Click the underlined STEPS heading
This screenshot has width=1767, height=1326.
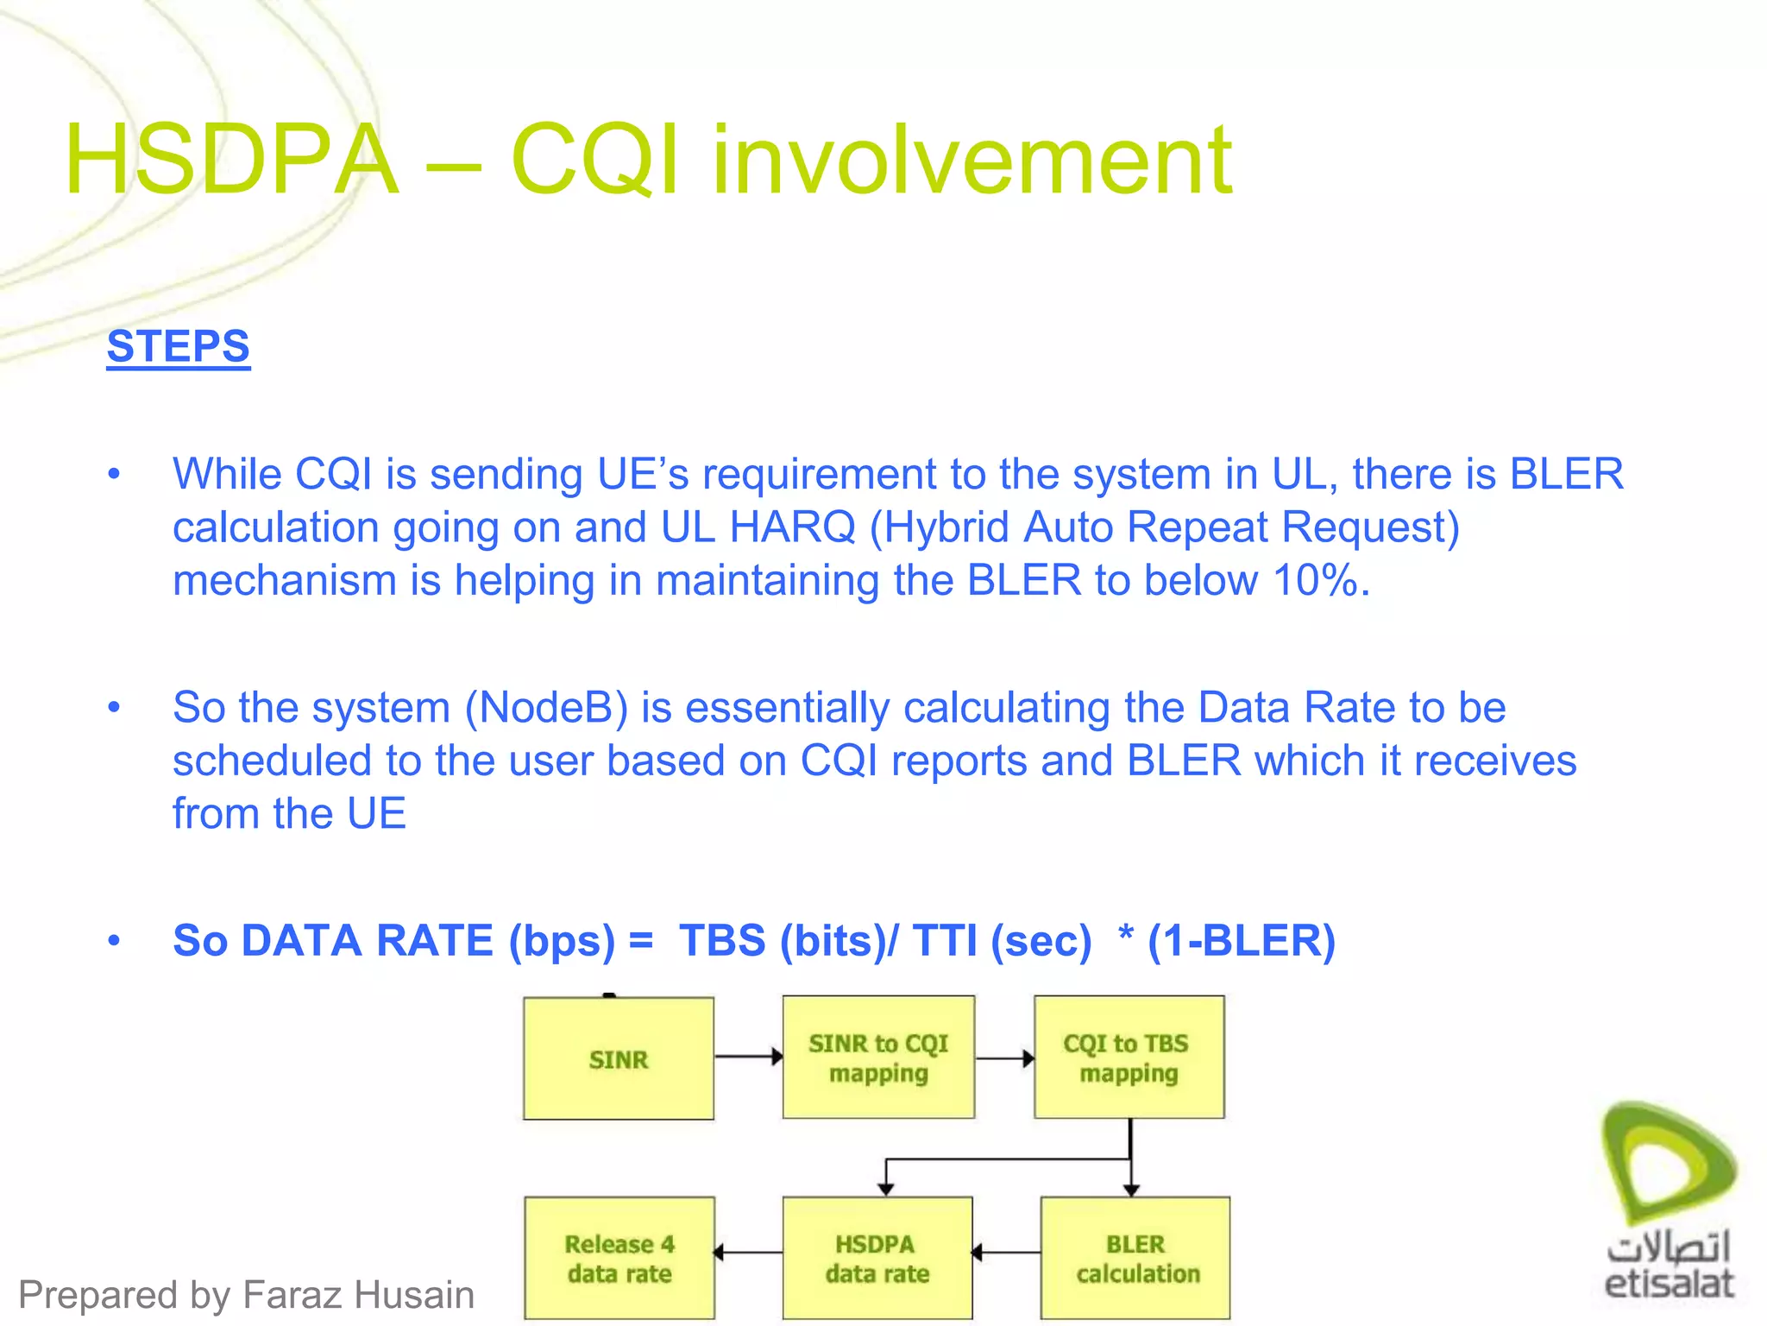[x=178, y=347]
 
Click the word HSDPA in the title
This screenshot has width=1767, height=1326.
[x=231, y=161]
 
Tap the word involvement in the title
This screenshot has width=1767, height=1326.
[x=972, y=161]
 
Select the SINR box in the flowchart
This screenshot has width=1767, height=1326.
[x=618, y=1059]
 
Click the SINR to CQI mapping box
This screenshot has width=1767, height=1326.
[x=878, y=1058]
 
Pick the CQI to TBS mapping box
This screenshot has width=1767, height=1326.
[x=1129, y=1058]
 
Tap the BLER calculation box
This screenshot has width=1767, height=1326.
[x=1135, y=1258]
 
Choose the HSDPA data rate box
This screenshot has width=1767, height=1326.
[x=877, y=1258]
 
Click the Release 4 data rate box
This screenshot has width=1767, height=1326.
[x=619, y=1258]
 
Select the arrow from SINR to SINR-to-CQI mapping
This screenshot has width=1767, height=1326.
[x=748, y=1056]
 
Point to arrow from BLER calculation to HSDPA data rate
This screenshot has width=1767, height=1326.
[x=1006, y=1252]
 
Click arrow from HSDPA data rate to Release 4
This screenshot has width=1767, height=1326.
[x=748, y=1252]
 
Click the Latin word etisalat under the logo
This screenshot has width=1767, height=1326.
[x=1669, y=1284]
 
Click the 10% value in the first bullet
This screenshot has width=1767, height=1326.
[x=1315, y=580]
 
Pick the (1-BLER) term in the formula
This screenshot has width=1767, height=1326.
[x=1241, y=940]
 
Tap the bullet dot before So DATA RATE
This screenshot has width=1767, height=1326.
[x=114, y=940]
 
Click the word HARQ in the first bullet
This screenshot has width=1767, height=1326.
[x=792, y=527]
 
